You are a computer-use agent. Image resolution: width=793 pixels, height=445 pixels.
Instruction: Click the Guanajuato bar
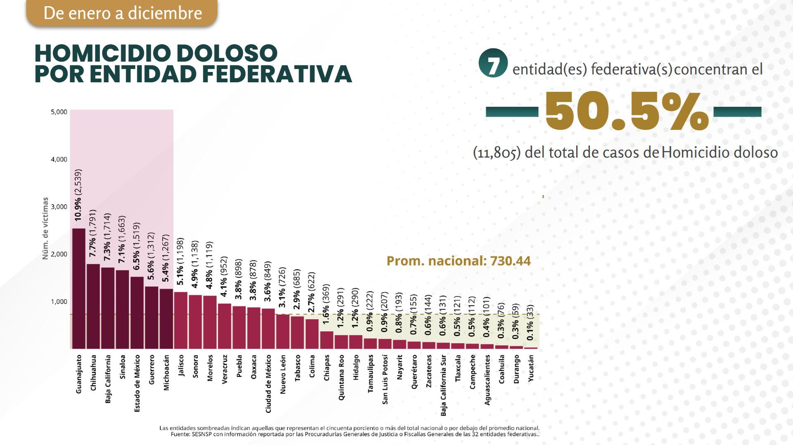(x=78, y=288)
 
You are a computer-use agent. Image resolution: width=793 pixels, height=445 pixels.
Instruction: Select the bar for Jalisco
(x=180, y=320)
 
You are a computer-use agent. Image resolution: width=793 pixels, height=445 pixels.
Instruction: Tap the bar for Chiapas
(x=326, y=340)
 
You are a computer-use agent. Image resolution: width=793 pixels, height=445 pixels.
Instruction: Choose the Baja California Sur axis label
(x=443, y=385)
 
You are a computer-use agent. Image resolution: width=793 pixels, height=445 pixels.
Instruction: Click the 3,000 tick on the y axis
(x=59, y=207)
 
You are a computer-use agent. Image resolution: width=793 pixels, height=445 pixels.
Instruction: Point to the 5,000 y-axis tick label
(x=59, y=112)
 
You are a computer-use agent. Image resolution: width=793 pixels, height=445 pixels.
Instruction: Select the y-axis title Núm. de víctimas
(x=45, y=228)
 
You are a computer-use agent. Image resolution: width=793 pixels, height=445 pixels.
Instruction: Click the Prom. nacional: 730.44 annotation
(x=458, y=261)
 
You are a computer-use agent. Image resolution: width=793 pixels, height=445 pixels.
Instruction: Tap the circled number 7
(x=492, y=65)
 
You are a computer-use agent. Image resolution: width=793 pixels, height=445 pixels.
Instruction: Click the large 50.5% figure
(x=626, y=111)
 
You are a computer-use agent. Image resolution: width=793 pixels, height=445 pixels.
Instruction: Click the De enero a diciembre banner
(x=122, y=13)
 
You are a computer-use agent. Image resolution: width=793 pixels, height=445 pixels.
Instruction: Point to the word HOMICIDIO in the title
(x=97, y=53)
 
